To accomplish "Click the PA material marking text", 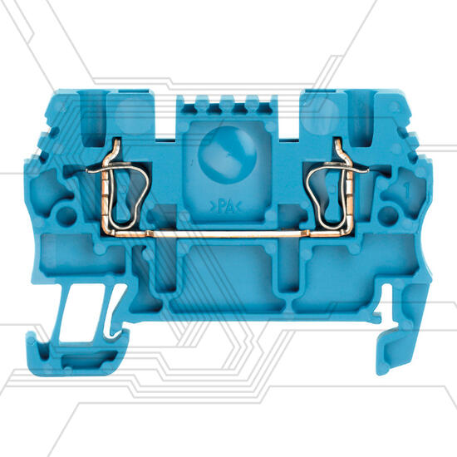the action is pos(225,207).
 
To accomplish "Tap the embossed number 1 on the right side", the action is pos(407,190).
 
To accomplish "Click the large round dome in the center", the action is pos(227,155).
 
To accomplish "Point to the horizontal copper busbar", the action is pos(228,233).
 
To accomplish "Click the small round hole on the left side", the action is pos(66,217).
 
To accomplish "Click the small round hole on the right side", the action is pos(388,217).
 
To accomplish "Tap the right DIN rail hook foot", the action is pos(400,328).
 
